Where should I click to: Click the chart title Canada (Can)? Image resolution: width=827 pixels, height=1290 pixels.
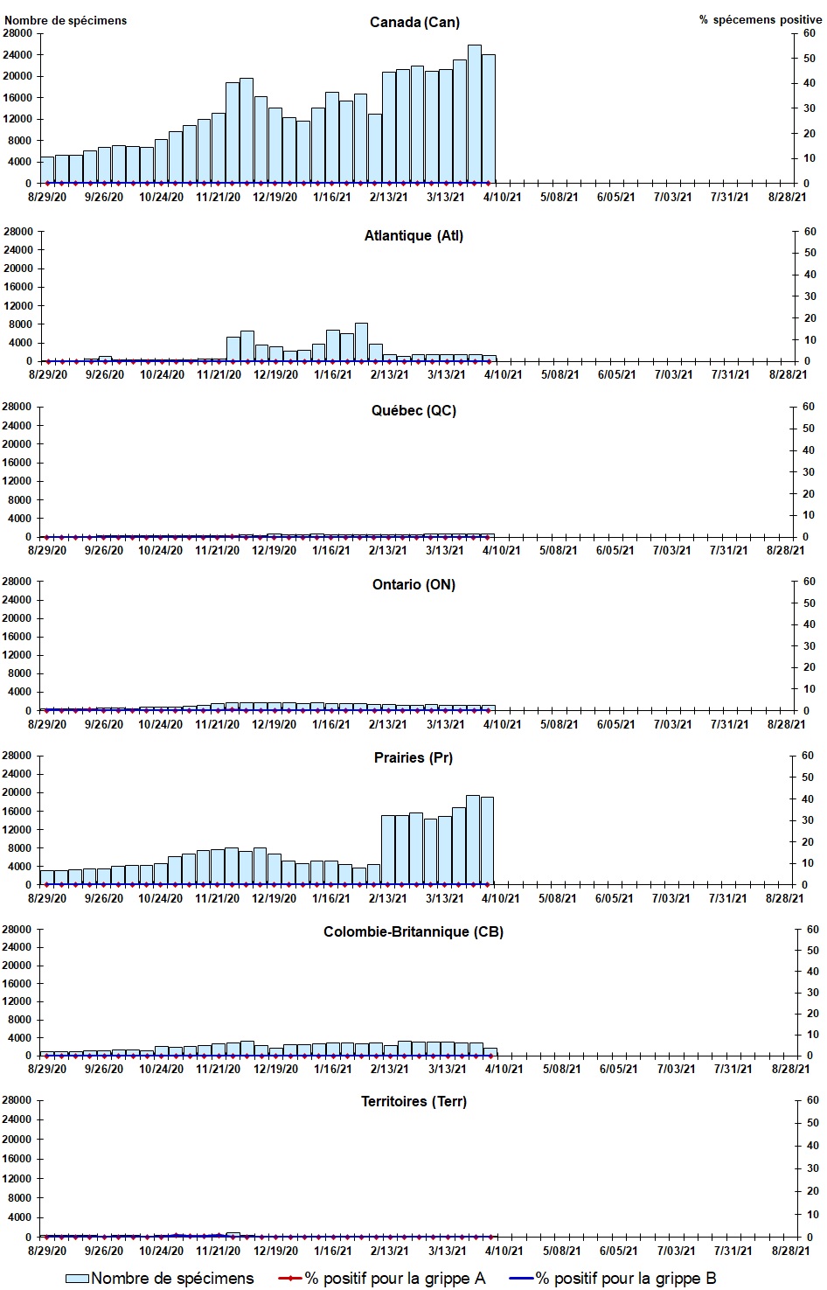click(414, 22)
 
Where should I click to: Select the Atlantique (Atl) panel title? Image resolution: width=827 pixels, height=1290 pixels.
click(413, 235)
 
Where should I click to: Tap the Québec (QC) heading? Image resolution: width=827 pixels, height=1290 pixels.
click(413, 410)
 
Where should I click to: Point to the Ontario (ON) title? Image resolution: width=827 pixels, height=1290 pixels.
click(413, 584)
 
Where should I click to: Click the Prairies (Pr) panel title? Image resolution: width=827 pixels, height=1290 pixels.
click(413, 757)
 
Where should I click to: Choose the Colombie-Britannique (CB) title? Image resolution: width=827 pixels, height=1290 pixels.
click(413, 931)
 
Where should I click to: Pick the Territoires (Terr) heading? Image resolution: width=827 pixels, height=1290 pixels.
click(413, 1101)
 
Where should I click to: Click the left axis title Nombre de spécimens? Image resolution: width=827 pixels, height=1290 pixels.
click(66, 20)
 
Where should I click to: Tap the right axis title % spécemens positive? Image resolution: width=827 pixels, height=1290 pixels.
click(760, 19)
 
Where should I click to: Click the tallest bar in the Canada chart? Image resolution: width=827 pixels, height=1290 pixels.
click(474, 114)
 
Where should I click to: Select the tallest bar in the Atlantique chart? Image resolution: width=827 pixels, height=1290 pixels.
click(361, 342)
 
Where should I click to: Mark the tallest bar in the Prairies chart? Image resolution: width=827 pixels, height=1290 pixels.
click(473, 840)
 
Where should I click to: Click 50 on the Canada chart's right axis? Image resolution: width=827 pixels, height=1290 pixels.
click(810, 59)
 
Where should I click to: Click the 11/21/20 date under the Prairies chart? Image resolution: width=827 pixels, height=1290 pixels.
click(217, 898)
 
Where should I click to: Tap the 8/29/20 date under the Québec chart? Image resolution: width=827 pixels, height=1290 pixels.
click(47, 550)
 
